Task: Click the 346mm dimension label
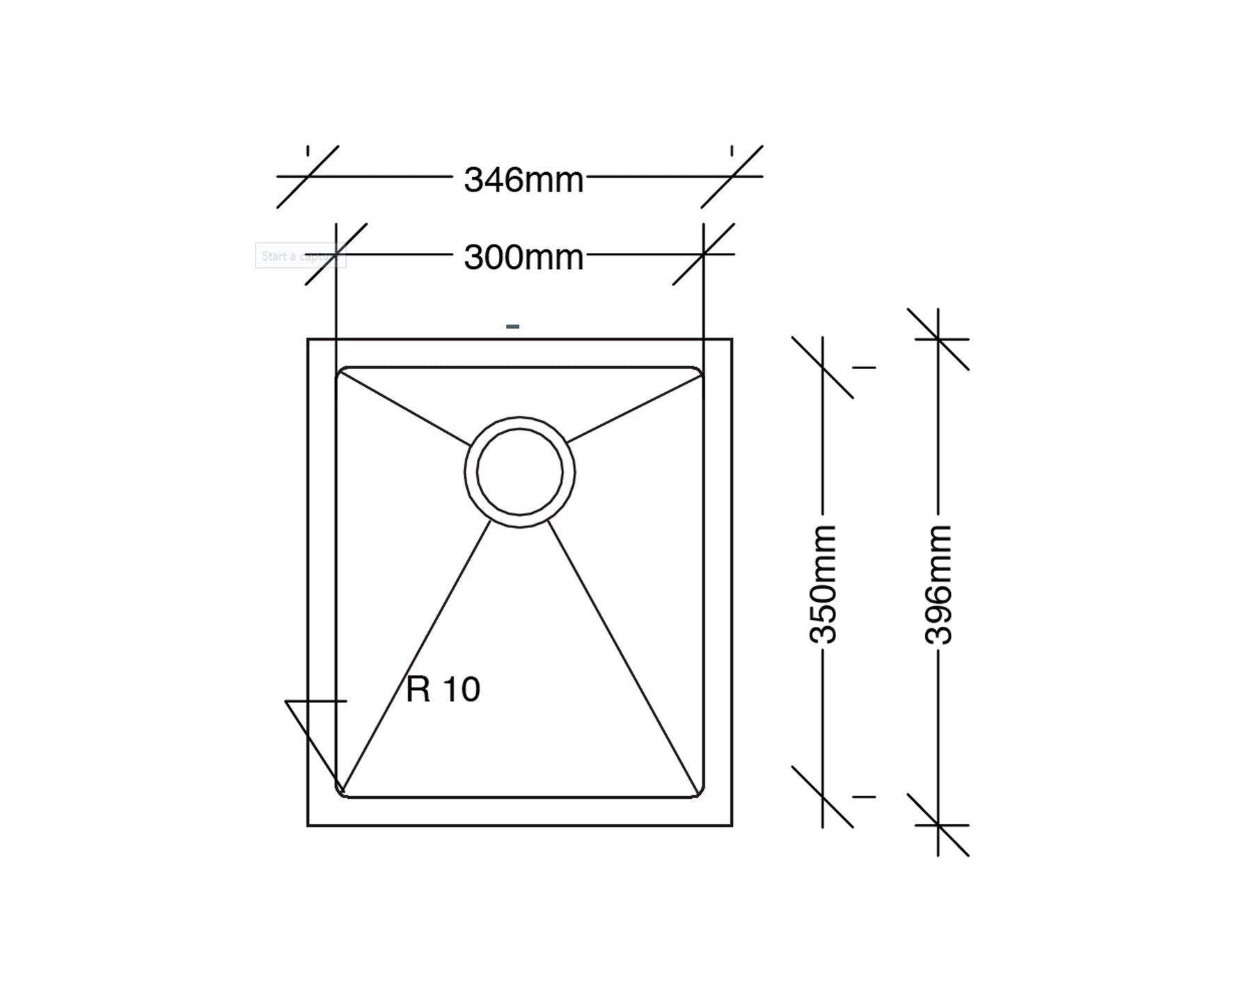point(523,180)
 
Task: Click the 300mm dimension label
point(523,257)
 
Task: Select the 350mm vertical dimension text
point(823,584)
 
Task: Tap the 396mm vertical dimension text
point(938,584)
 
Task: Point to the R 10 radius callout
point(443,690)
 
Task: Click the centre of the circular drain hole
point(519,472)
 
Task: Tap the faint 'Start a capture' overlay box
point(300,256)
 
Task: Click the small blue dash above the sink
point(512,326)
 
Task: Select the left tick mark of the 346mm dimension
point(308,176)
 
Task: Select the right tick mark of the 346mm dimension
point(732,176)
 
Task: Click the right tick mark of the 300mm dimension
point(703,254)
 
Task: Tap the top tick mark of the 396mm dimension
point(938,339)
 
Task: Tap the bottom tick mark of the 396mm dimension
point(938,825)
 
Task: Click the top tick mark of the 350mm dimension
point(823,368)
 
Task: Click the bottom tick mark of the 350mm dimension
point(823,797)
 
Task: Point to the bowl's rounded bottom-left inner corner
point(340,793)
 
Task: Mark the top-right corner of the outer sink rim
point(732,339)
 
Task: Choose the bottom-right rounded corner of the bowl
point(700,793)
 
